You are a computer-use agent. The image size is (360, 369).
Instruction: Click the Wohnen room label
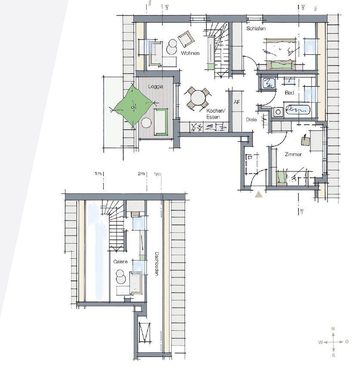190,53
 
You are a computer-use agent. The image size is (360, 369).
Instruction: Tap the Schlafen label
256,28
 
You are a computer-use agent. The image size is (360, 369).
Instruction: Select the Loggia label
156,87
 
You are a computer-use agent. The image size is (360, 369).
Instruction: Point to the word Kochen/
216,110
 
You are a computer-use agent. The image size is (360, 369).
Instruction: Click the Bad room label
289,93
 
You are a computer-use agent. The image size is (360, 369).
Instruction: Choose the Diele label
251,119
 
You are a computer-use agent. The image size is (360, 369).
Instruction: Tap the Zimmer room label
293,154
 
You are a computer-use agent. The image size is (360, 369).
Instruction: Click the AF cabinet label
237,102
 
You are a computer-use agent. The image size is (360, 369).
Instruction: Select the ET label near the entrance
250,158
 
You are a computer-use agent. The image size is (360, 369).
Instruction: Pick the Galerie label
120,262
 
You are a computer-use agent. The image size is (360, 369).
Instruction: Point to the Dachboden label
157,264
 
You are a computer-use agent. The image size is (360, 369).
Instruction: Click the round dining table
198,98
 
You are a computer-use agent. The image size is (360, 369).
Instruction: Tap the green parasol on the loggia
133,107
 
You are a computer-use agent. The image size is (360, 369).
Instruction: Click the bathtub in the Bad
297,110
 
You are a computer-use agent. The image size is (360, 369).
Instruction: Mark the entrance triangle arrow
258,195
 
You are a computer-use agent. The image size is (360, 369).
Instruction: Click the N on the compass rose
333,329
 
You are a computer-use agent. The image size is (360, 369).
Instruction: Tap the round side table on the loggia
146,123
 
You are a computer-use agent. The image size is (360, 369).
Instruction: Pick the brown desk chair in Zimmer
305,141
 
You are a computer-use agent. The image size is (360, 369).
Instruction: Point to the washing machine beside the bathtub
278,112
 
